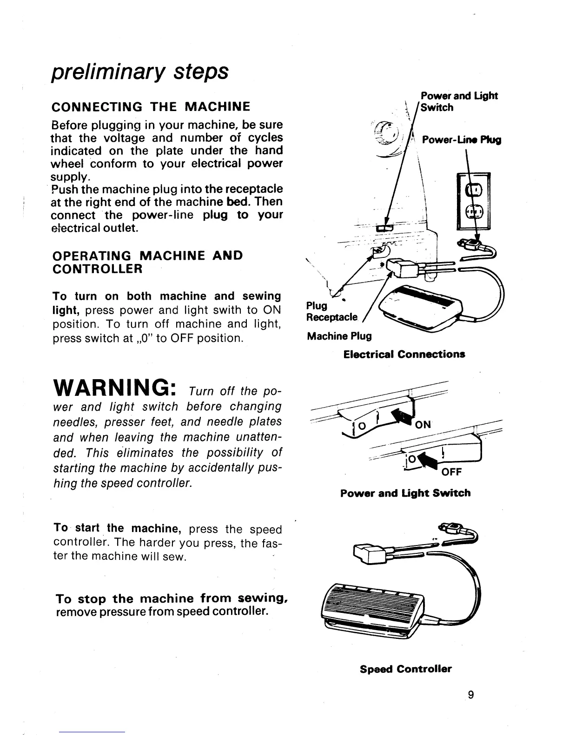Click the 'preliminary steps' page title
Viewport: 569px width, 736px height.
tap(139, 72)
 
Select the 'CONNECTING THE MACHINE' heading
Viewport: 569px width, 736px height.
tap(151, 107)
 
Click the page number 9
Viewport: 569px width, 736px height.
tap(471, 695)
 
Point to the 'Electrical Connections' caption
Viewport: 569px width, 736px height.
tap(404, 355)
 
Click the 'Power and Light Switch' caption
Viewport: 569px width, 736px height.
tap(405, 493)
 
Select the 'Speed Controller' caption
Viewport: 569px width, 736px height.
tap(406, 669)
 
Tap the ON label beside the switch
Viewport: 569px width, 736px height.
tap(423, 424)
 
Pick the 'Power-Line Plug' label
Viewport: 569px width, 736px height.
tap(461, 140)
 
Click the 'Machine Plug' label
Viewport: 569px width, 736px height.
tap(339, 336)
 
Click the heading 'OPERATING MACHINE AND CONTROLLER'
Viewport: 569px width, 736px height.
tap(148, 262)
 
